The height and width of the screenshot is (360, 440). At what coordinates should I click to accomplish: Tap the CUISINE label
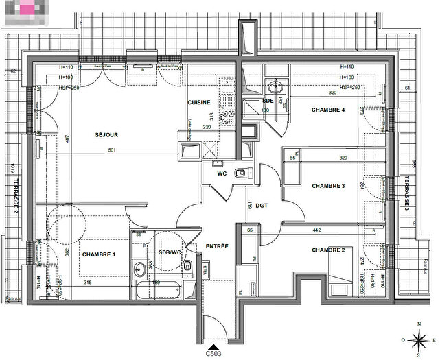coord(199,102)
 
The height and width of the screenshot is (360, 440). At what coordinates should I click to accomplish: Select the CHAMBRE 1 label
coord(99,254)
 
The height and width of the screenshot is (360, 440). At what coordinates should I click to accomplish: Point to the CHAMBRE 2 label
coord(327,250)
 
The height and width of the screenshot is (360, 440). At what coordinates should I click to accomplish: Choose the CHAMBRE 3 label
coord(327,186)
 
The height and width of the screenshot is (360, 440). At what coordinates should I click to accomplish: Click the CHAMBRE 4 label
coord(327,110)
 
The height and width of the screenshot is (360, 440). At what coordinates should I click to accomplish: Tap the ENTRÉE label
coord(217,246)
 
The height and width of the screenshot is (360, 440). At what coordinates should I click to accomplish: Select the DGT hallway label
coord(262,205)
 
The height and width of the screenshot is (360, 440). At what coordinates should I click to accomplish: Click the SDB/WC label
coord(169,252)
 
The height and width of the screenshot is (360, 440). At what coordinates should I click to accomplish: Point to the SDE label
coord(268,101)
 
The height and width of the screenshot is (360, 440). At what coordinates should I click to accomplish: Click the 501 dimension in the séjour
coord(113,152)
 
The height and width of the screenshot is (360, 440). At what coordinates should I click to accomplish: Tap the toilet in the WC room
coord(239,173)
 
